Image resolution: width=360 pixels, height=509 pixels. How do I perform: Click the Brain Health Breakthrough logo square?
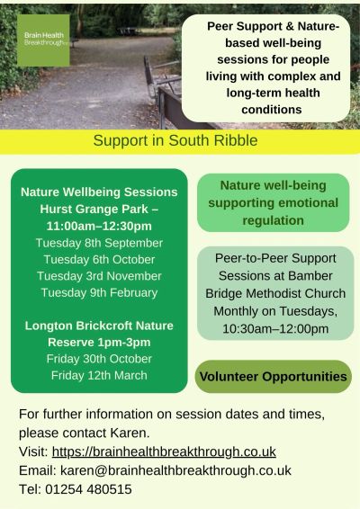pos(43,40)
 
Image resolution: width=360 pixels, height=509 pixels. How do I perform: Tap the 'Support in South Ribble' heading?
pos(175,140)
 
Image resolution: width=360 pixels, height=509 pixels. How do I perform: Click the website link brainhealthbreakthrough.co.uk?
pos(164,451)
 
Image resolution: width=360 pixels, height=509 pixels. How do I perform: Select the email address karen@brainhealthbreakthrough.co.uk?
pos(175,470)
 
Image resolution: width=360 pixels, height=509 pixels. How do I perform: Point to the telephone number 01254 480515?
pos(88,489)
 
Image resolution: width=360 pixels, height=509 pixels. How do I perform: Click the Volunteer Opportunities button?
pos(274,377)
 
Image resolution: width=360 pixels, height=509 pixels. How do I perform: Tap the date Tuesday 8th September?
pos(99,243)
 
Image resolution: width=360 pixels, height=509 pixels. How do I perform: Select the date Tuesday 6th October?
pos(99,260)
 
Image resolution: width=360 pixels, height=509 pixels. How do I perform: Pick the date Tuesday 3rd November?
pos(99,276)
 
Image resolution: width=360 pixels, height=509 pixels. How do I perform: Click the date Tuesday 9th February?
pos(99,293)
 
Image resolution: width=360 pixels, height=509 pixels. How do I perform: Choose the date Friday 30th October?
pos(99,359)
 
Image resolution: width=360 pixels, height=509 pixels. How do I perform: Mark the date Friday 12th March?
pos(99,376)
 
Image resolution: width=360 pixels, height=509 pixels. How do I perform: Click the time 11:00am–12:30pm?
pos(99,227)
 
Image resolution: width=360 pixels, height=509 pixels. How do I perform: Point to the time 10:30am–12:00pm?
pos(275,329)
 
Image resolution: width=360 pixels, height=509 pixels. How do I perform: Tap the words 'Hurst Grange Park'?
pos(94,210)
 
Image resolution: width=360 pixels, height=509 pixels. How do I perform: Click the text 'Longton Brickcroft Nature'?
pos(99,326)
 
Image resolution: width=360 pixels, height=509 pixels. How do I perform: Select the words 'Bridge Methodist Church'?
pos(275,293)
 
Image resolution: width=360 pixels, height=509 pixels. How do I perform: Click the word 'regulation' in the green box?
pos(274,220)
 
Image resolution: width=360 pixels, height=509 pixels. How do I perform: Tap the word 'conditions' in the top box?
pos(272,110)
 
